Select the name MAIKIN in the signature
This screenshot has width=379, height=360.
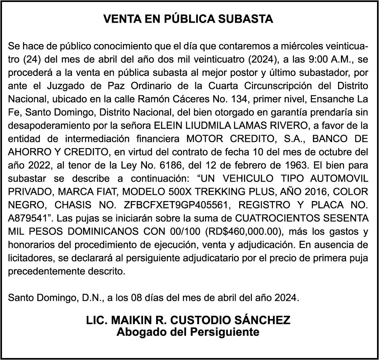coord(127,320)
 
